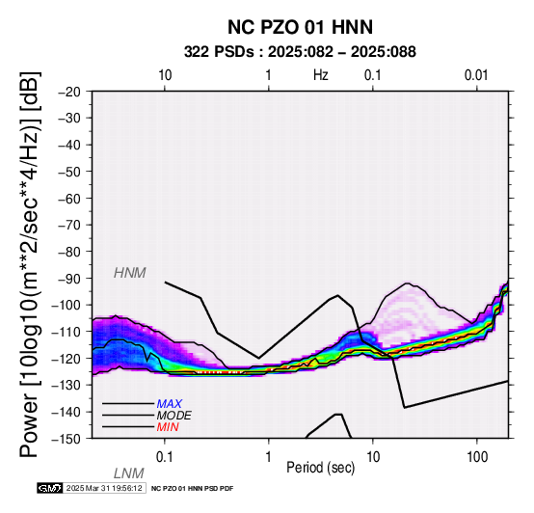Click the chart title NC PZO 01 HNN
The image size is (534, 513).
click(300, 27)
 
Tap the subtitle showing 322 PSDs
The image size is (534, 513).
click(300, 52)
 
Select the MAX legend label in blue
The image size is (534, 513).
click(170, 404)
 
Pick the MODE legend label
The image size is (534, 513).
click(174, 416)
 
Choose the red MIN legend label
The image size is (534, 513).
click(168, 427)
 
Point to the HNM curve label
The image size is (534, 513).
click(130, 273)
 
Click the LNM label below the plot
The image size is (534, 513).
click(129, 473)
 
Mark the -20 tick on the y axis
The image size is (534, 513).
click(69, 92)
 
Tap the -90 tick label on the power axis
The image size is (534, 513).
click(69, 279)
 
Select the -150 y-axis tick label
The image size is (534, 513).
click(67, 439)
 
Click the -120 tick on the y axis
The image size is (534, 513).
click(67, 359)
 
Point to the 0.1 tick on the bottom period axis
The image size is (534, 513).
click(164, 457)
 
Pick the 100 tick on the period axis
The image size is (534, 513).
click(477, 457)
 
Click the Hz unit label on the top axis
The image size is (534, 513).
click(320, 75)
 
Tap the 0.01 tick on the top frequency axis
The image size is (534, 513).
click(476, 75)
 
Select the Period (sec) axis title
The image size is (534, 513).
click(320, 468)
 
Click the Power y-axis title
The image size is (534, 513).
click(30, 264)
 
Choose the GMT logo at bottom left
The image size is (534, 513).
click(50, 488)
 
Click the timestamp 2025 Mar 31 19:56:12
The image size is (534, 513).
click(104, 488)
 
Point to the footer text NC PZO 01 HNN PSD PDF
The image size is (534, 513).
click(192, 489)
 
